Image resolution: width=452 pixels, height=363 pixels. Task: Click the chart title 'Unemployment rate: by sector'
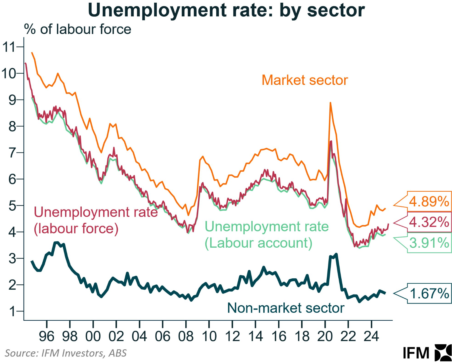[x=226, y=11]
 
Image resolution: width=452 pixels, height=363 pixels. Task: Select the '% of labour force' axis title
[x=78, y=30]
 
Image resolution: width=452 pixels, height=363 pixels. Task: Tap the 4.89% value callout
[x=429, y=202]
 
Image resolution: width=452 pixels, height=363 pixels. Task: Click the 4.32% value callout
[x=429, y=222]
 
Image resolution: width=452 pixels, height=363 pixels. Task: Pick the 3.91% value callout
[x=429, y=243]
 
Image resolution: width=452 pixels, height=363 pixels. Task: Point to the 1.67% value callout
[x=429, y=294]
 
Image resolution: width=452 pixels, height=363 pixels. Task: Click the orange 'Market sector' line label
[x=305, y=80]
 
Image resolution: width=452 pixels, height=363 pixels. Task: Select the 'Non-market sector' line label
[x=286, y=308]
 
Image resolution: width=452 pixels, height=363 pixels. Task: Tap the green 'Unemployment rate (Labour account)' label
[x=266, y=235]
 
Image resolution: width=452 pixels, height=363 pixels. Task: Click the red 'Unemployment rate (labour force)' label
[x=95, y=220]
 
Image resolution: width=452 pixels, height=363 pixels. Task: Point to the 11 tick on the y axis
[x=9, y=47]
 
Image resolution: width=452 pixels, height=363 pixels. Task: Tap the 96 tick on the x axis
[x=47, y=336]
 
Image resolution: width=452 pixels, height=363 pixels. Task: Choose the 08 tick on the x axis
[x=186, y=336]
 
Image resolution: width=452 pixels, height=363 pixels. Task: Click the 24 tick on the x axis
[x=371, y=336]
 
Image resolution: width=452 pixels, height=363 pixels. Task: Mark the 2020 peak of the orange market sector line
[x=330, y=103]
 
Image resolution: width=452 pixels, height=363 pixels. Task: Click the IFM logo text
[x=416, y=353]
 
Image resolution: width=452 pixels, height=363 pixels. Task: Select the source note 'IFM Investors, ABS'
[x=66, y=353]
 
